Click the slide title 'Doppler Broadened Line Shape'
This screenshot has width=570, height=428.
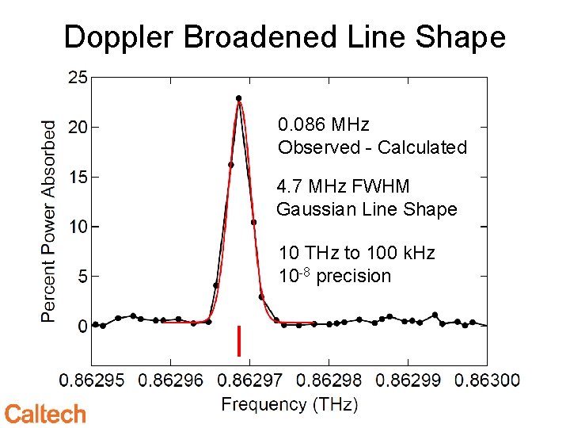284,36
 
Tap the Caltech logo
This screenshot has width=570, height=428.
45,413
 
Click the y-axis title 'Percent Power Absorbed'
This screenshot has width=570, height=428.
49,221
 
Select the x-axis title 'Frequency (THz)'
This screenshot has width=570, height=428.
290,404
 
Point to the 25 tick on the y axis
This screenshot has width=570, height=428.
78,78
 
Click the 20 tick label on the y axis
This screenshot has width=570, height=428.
78,127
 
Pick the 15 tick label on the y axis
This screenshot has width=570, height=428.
78,177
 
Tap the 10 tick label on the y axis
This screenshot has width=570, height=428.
78,227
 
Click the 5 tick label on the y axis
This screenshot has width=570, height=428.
82,277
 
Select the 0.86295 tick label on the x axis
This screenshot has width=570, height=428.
92,380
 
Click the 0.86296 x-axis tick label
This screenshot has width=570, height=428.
171,380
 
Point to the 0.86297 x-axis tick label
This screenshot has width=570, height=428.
250,380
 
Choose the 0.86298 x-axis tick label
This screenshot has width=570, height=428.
329,380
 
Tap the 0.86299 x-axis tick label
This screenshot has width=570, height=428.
408,380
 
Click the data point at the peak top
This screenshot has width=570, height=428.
238,98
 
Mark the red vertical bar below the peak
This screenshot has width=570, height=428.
238,340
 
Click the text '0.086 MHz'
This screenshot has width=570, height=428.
324,125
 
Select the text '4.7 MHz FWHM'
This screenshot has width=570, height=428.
343,187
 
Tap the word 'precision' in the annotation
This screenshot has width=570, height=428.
355,277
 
